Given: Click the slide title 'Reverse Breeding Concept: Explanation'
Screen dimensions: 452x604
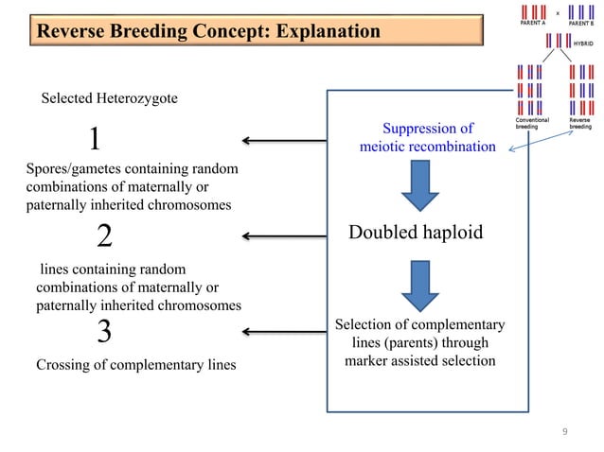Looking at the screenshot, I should tap(207, 32).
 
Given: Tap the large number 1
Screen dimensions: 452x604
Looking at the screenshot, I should tap(94, 140).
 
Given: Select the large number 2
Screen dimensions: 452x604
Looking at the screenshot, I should tap(105, 235).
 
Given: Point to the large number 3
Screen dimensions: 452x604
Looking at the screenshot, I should tap(105, 331).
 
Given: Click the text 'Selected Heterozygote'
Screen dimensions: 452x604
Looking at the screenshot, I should tap(109, 98).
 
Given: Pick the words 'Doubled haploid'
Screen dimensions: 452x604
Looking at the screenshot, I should tap(416, 233).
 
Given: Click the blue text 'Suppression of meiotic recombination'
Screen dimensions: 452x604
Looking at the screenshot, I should tap(427, 137).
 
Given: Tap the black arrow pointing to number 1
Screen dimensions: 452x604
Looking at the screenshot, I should tap(284, 141).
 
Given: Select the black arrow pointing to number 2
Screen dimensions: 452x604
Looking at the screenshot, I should tap(284, 235).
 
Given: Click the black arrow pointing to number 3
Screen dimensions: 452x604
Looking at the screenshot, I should tap(284, 332).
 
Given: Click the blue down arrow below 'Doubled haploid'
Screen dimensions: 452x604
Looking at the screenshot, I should tap(419, 282).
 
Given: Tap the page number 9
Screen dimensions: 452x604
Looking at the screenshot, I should tap(565, 433).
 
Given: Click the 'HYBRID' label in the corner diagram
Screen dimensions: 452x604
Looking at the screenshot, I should tap(583, 43).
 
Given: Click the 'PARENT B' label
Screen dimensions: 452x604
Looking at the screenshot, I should tap(580, 23).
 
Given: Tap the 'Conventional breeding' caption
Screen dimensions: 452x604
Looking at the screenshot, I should tap(532, 124).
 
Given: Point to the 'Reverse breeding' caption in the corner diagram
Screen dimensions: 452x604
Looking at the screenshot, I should tap(579, 124).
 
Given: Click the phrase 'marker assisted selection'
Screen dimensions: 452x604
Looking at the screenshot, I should tap(419, 360).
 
